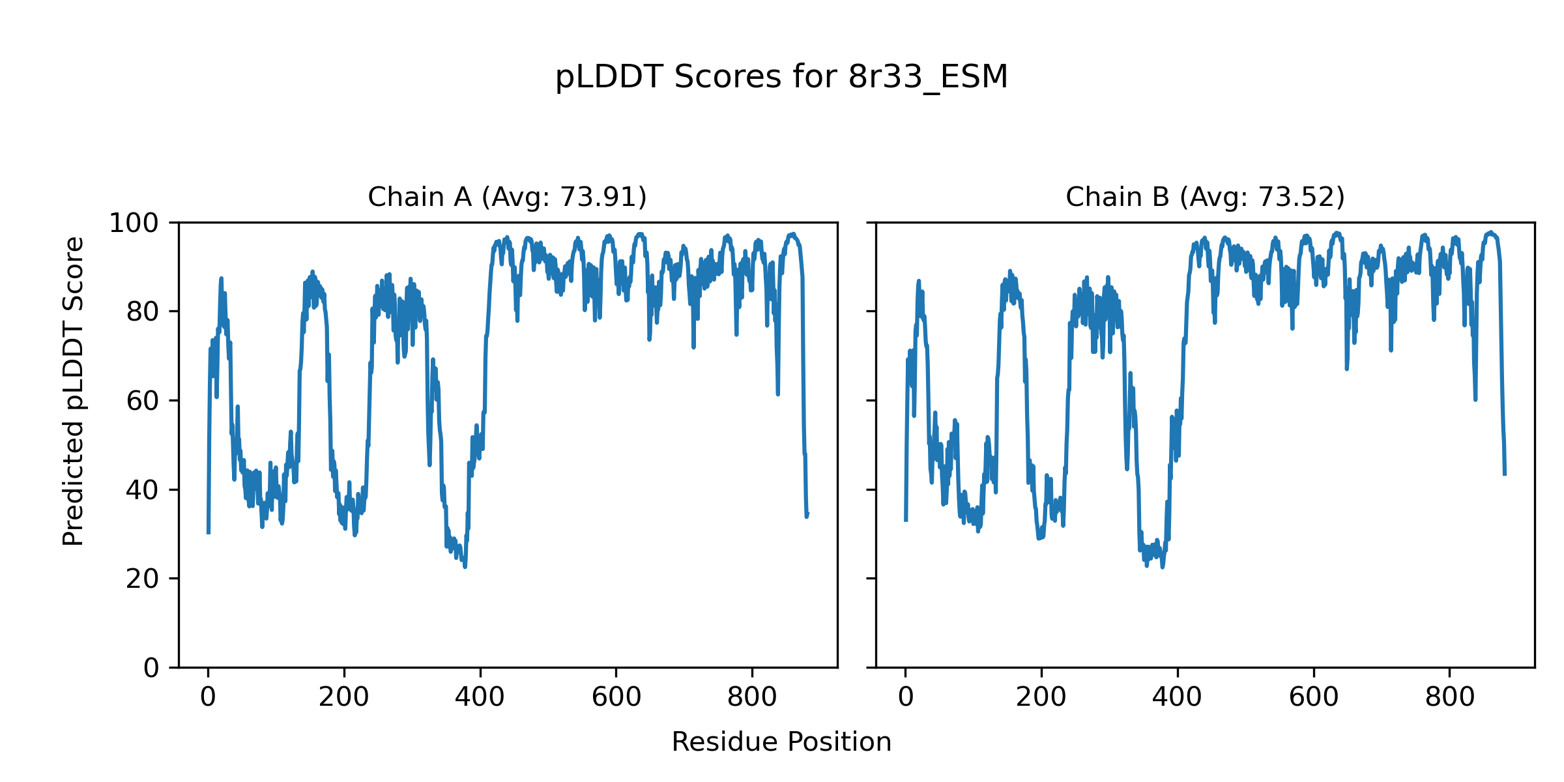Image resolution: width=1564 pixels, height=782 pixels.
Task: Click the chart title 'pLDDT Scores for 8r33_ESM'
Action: tap(781, 78)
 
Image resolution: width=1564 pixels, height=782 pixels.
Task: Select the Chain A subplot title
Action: tap(507, 197)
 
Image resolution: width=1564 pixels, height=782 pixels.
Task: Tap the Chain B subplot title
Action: tap(1205, 197)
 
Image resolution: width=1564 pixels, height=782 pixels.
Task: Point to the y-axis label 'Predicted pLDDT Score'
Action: tap(74, 391)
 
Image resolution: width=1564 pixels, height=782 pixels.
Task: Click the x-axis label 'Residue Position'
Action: tap(781, 742)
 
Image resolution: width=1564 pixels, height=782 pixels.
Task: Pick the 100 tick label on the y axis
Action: tap(134, 224)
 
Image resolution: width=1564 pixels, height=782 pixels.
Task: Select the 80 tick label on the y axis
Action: tap(143, 312)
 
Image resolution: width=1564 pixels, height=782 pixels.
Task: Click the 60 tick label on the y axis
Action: tap(143, 401)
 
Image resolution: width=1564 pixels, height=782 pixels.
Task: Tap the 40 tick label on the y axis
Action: tap(143, 490)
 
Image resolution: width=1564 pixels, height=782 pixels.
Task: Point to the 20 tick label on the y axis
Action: tap(143, 579)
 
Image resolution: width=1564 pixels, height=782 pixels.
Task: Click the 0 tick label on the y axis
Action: tap(151, 668)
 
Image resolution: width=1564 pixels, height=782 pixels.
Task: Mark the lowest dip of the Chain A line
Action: tap(465, 566)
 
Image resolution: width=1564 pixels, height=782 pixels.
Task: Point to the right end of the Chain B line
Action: tap(1505, 474)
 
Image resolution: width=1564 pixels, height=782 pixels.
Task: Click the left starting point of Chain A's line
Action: tap(209, 533)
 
